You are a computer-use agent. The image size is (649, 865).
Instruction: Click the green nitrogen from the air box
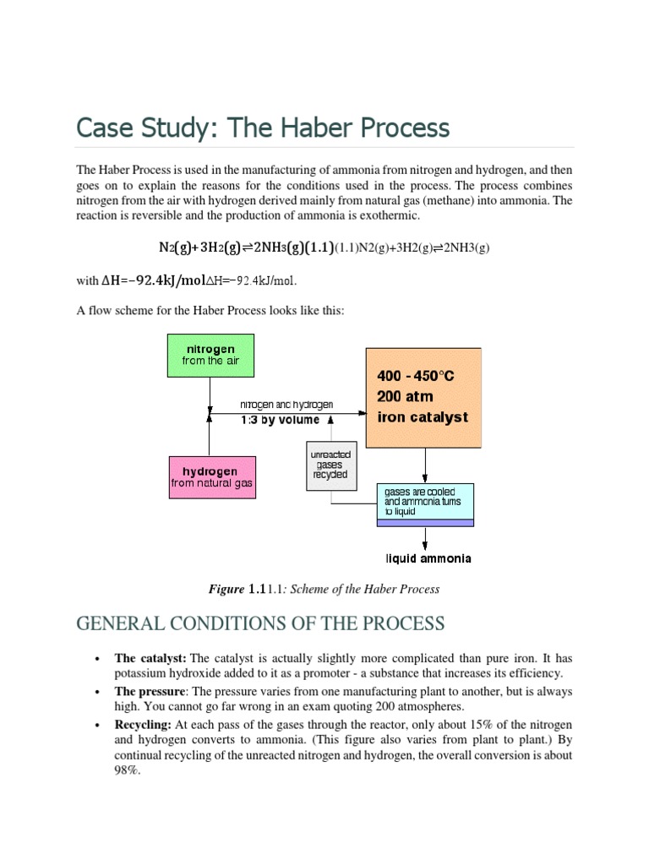pyautogui.click(x=210, y=355)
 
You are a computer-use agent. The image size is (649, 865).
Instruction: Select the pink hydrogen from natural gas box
pyautogui.click(x=211, y=477)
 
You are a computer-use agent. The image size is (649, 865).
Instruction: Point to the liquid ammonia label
pyautogui.click(x=428, y=558)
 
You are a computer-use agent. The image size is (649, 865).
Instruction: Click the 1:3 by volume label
pyautogui.click(x=281, y=420)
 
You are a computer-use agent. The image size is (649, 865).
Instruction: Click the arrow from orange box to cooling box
pyautogui.click(x=425, y=465)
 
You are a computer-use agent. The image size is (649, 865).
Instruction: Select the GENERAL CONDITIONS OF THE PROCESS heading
pyautogui.click(x=260, y=623)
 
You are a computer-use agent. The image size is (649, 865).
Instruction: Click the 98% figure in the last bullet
pyautogui.click(x=127, y=771)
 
